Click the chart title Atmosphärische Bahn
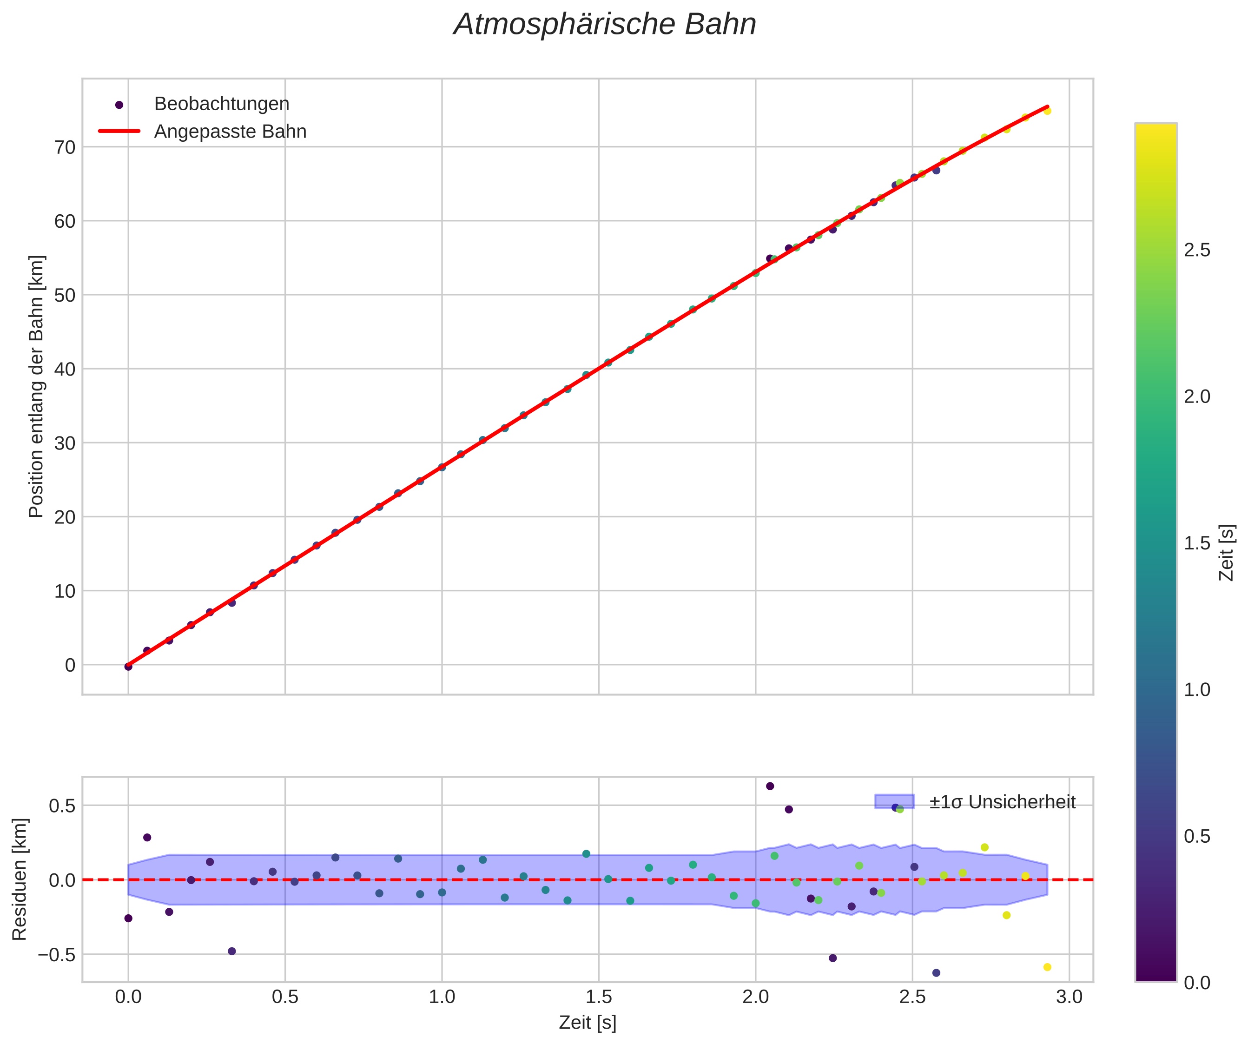tap(604, 25)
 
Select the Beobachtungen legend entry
tap(221, 104)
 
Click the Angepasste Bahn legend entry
tap(230, 132)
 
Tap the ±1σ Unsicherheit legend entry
tap(1002, 802)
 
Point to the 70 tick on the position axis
tap(66, 147)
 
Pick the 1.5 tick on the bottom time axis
tap(599, 996)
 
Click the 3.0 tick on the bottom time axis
tap(1069, 996)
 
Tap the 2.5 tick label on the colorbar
tap(1197, 250)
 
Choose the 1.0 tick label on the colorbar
tap(1197, 690)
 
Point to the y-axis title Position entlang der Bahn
tap(37, 386)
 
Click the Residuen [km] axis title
tap(20, 880)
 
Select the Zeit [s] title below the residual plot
tap(587, 1023)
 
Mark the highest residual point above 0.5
tap(770, 786)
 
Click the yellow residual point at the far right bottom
tap(1047, 967)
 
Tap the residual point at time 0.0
tap(128, 918)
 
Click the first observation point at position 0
tap(128, 667)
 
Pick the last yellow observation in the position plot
tap(1047, 111)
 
